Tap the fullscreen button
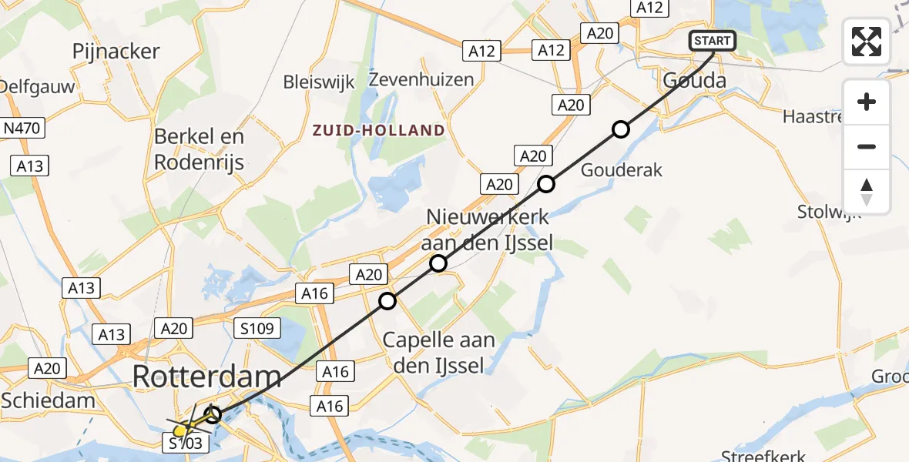867,42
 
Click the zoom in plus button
867,102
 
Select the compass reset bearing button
867,192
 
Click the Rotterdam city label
207,377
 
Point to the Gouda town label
694,80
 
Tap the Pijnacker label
116,52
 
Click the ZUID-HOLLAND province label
379,130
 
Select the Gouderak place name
622,170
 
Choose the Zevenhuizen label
421,79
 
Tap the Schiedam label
48,400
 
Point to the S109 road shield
253,330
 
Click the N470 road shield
23,128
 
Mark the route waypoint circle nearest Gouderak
621,129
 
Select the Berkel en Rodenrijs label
200,149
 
